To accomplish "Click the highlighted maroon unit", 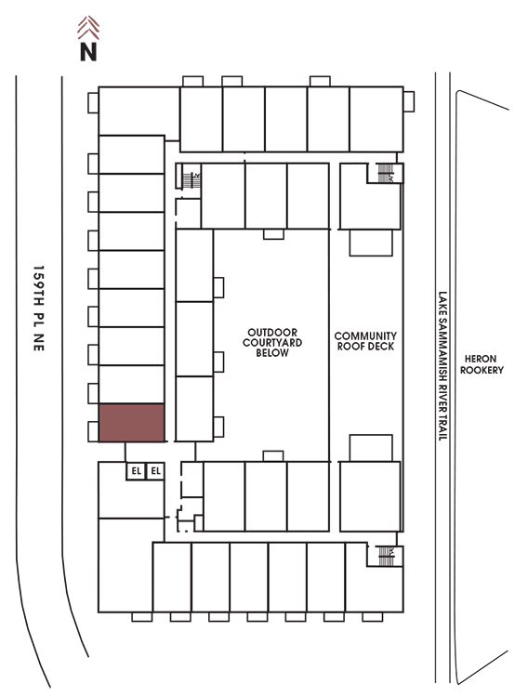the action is pyautogui.click(x=132, y=423).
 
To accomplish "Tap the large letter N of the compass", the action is pyautogui.click(x=88, y=51).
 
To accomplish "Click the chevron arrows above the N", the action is pyautogui.click(x=88, y=28).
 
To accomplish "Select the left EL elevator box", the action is pyautogui.click(x=136, y=471).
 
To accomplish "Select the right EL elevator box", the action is pyautogui.click(x=155, y=471).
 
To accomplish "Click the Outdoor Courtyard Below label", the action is pyautogui.click(x=272, y=342).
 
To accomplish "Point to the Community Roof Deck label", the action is pyautogui.click(x=365, y=341).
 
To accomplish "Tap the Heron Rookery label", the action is pyautogui.click(x=482, y=364).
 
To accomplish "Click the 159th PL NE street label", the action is pyautogui.click(x=39, y=308).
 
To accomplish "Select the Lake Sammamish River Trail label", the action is pyautogui.click(x=442, y=366).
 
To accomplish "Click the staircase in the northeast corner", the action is pyautogui.click(x=385, y=173).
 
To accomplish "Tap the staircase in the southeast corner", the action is pyautogui.click(x=385, y=556).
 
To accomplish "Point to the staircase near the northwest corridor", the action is pyautogui.click(x=191, y=180).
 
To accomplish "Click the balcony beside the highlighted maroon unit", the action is pyautogui.click(x=93, y=431).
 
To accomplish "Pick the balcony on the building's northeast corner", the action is pyautogui.click(x=409, y=102).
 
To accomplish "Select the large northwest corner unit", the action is pyautogui.click(x=139, y=112).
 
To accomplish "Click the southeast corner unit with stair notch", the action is pyautogui.click(x=375, y=577).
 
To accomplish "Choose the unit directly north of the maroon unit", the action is pyautogui.click(x=132, y=385).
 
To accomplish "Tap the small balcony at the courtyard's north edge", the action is pyautogui.click(x=273, y=234).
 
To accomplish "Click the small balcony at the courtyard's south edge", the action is pyautogui.click(x=273, y=456).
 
